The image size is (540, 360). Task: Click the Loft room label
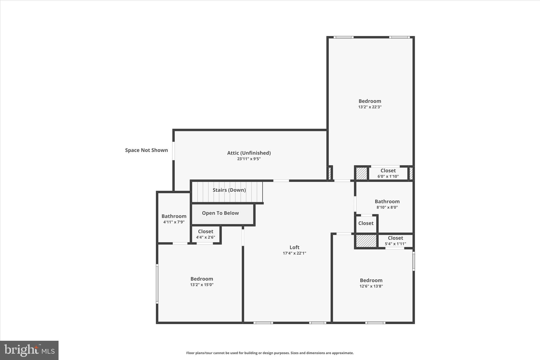294,247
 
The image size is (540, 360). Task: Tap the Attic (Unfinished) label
249,153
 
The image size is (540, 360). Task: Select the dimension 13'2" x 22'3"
370,107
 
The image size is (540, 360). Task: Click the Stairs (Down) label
229,190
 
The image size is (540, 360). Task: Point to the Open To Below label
220,213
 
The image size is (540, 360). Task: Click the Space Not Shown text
146,150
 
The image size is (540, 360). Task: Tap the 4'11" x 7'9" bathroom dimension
174,222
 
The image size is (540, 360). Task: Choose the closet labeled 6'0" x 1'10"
388,174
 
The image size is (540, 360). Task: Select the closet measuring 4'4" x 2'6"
205,234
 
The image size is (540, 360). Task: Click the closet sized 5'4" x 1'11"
395,241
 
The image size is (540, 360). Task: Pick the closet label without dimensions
366,223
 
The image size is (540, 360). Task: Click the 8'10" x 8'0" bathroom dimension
387,207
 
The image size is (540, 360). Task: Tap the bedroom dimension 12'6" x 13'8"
371,286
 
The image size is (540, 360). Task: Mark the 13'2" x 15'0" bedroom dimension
202,285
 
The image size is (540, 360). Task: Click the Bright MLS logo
29,350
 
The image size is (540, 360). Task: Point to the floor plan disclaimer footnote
270,353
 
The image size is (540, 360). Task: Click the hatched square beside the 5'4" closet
366,241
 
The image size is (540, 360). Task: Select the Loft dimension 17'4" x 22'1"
294,253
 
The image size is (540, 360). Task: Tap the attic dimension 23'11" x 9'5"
249,159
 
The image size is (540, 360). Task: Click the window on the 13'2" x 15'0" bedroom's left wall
157,284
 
